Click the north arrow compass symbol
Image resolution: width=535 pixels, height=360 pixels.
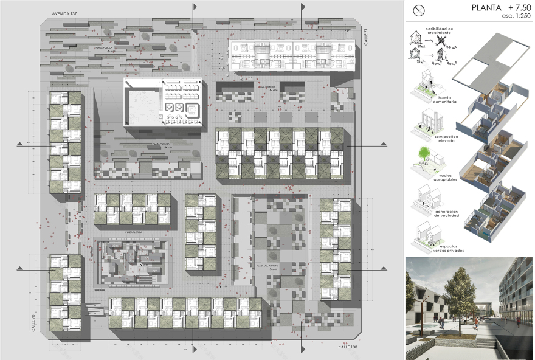coord(418,10)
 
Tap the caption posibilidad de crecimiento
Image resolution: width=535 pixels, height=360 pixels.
coord(443,30)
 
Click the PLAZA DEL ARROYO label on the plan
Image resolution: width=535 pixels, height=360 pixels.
coord(266,266)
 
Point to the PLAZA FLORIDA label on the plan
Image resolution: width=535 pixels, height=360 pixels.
coord(133,232)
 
